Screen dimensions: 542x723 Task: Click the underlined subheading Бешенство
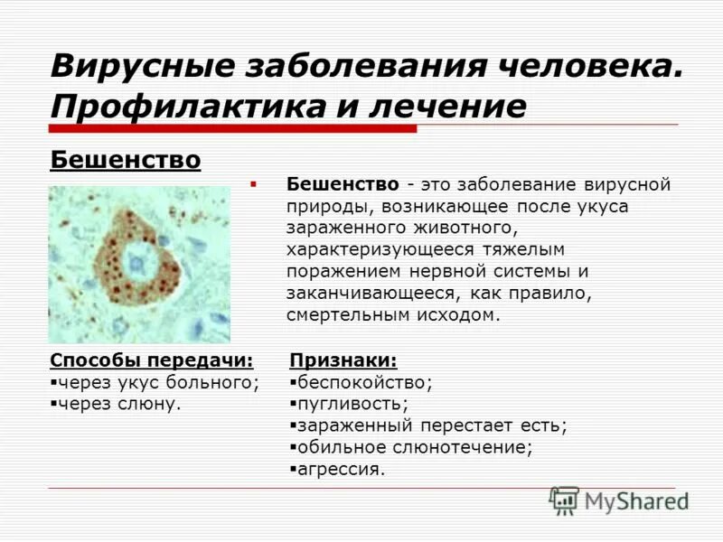126,161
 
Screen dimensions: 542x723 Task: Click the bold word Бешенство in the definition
343,184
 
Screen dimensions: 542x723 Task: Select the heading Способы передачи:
152,360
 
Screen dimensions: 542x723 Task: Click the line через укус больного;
158,382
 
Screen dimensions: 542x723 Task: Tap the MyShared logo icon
565,500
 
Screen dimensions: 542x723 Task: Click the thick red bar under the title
234,129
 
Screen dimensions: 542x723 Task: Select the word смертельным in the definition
340,315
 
